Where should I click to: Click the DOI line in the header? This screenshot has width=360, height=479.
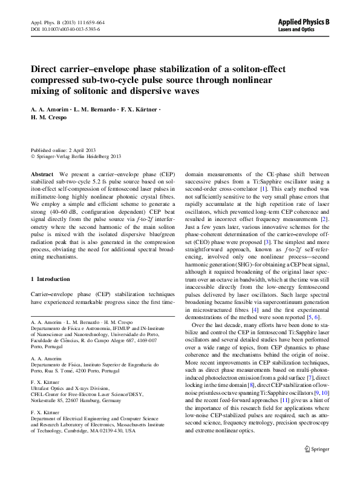pos(65,28)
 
